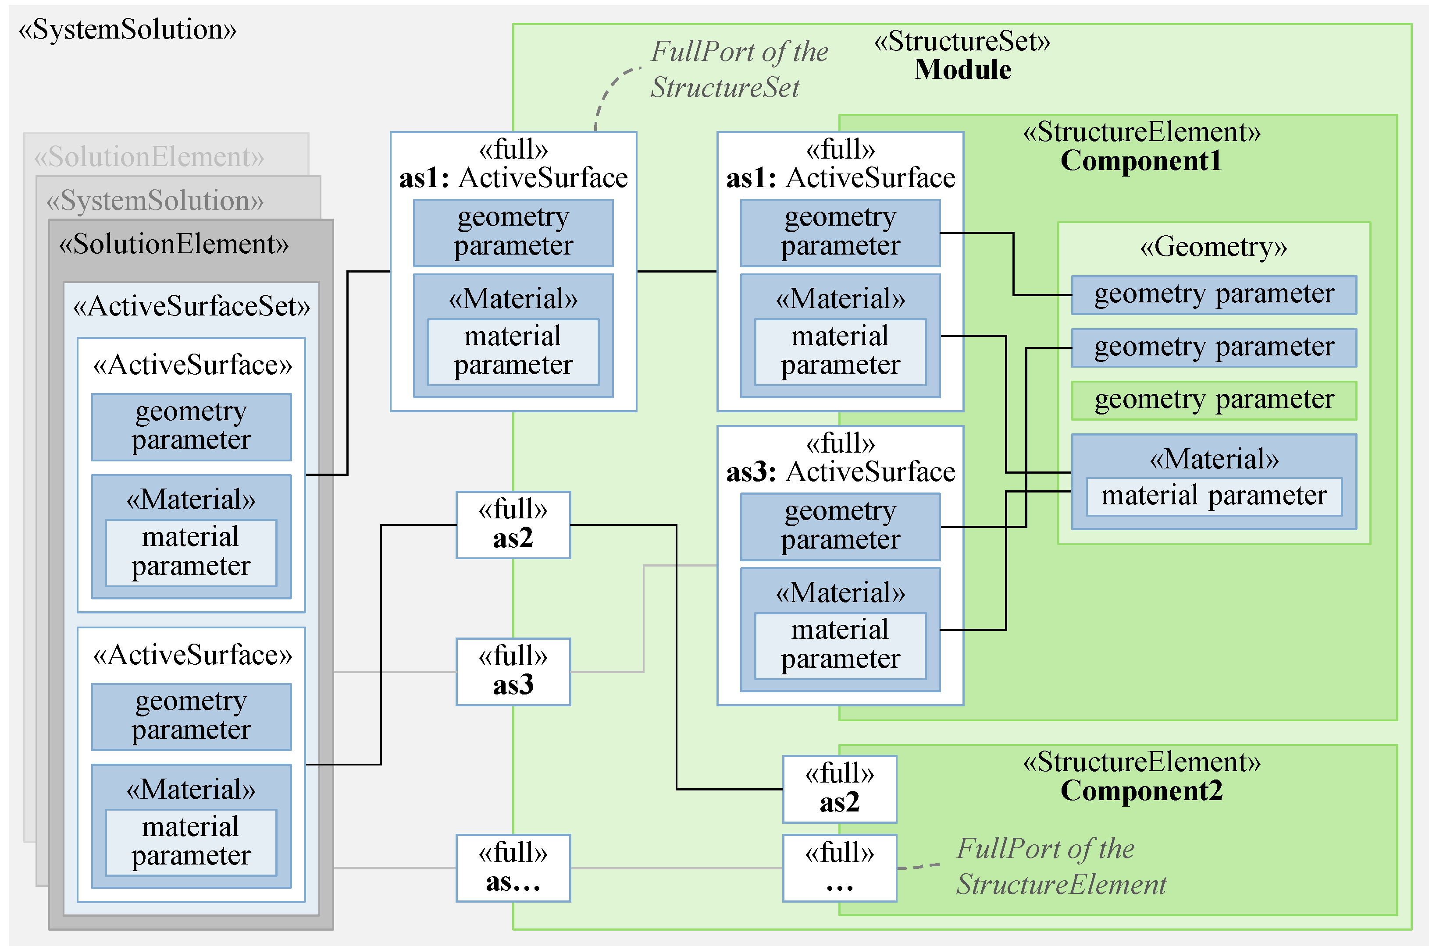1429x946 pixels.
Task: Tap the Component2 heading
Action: (1140, 791)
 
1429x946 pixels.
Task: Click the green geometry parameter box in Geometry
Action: (1213, 400)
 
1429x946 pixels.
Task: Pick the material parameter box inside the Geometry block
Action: (1213, 496)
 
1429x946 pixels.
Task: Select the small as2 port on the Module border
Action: (513, 525)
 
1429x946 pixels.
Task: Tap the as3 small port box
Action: (513, 672)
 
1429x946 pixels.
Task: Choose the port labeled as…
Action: (513, 868)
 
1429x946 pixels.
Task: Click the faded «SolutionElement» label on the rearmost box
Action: (149, 157)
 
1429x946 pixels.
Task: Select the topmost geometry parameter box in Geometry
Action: (1213, 295)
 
